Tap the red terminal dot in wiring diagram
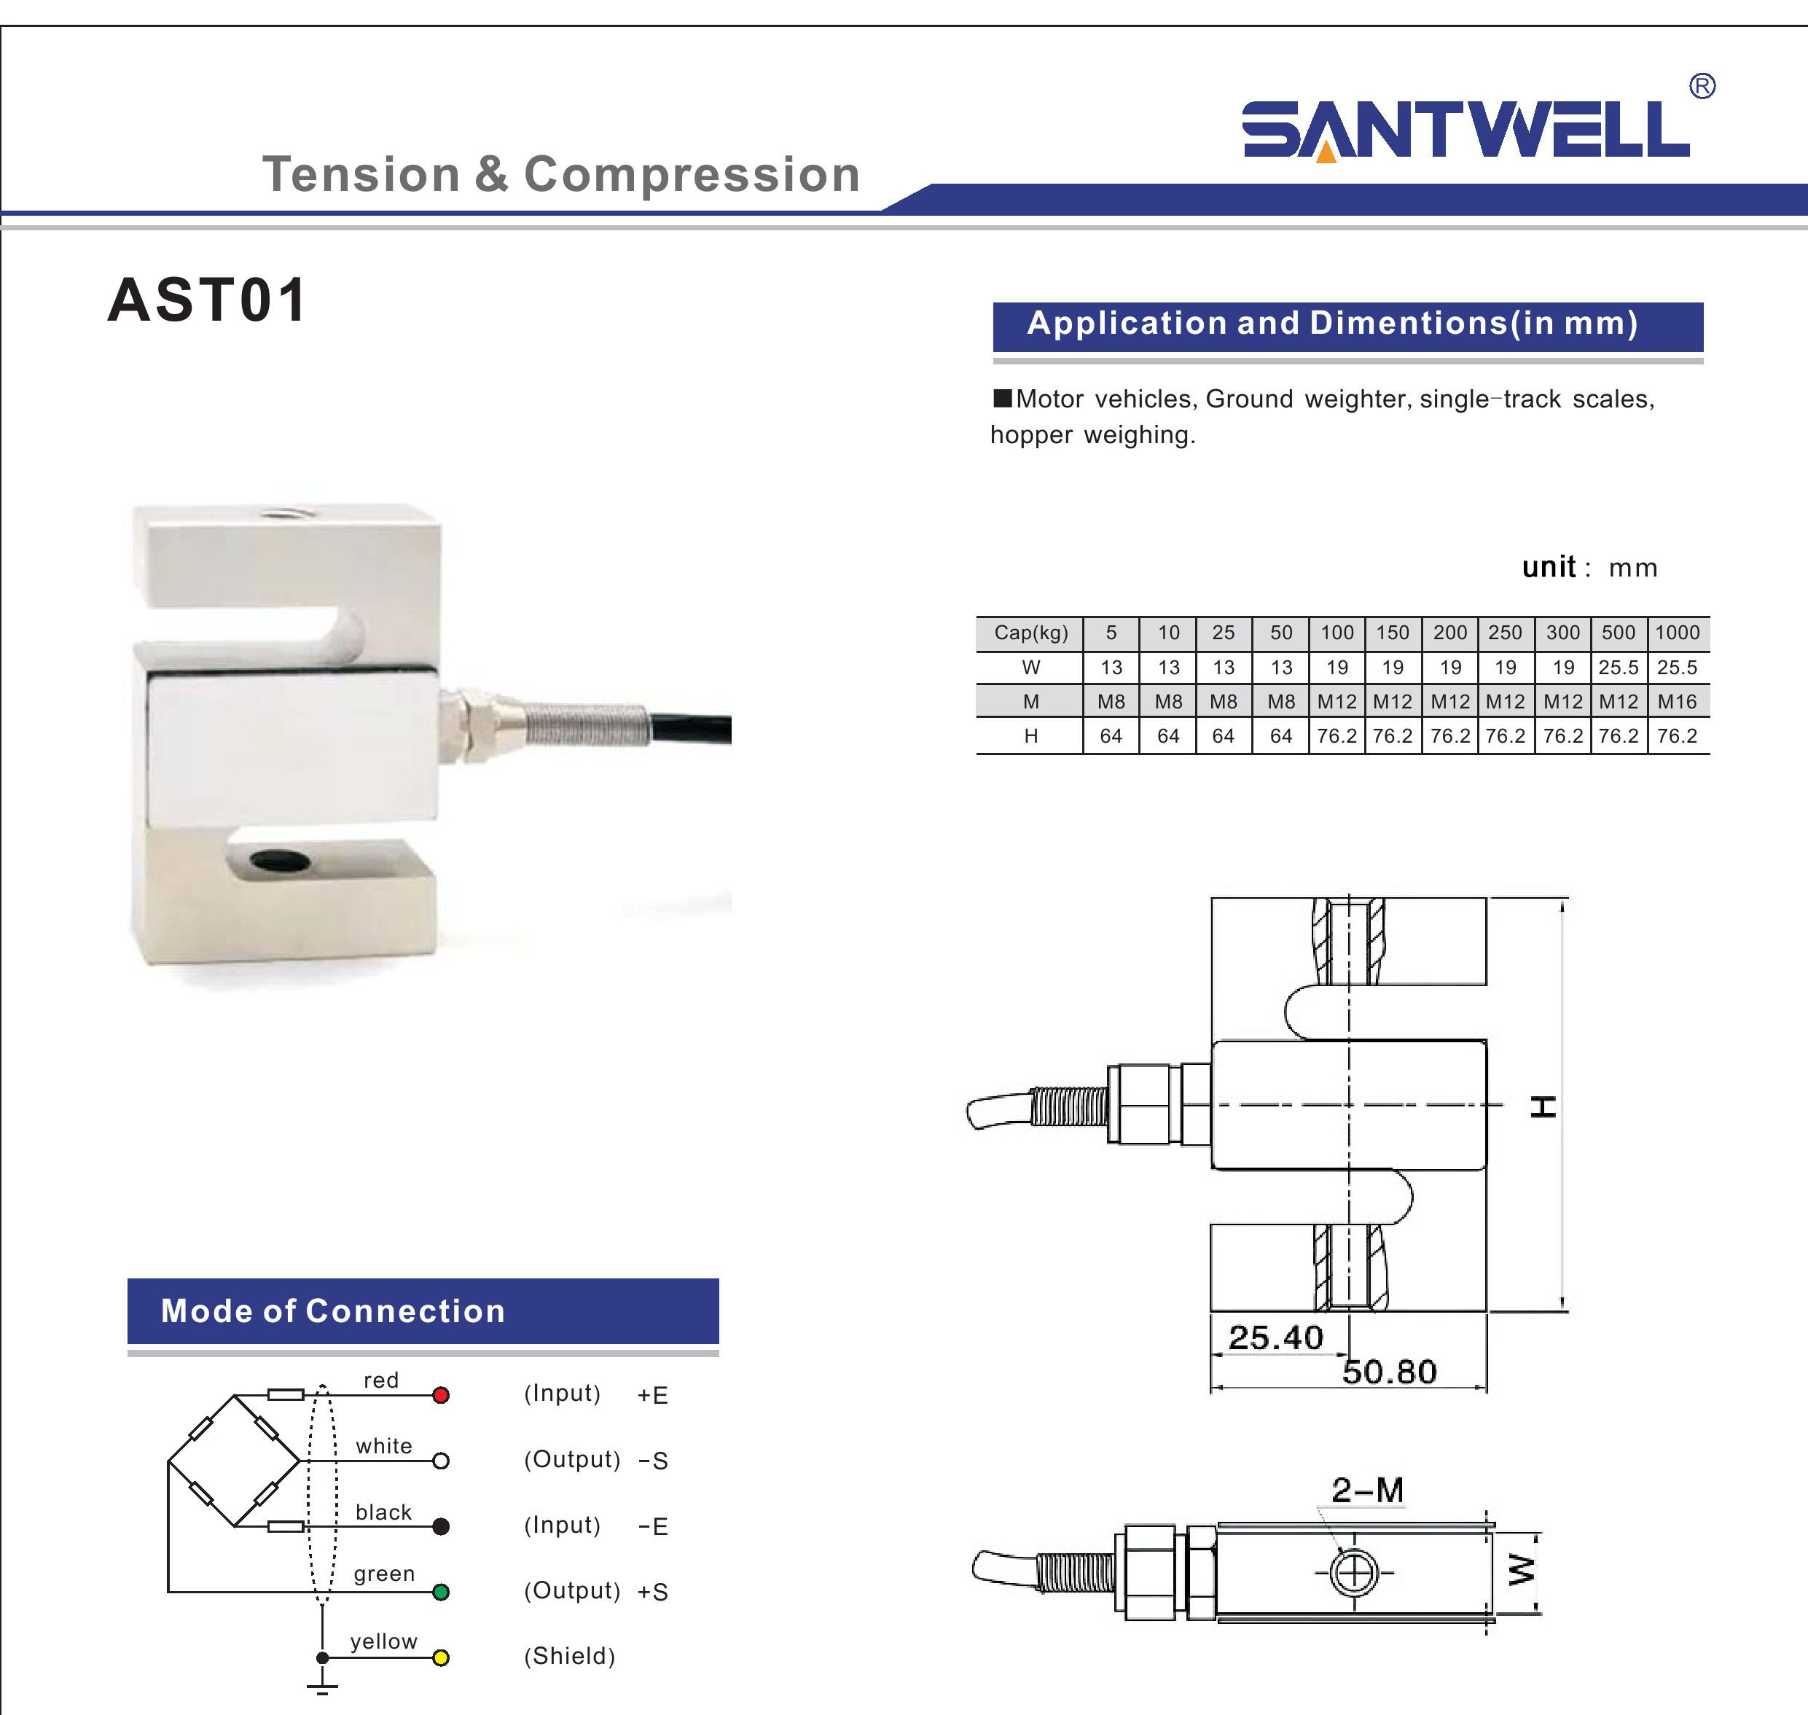click(441, 1395)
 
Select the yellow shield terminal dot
click(441, 1657)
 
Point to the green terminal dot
click(441, 1592)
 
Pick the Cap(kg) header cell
click(1030, 633)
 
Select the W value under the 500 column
click(1618, 668)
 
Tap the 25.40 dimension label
click(1275, 1338)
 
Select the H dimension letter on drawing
click(1544, 1106)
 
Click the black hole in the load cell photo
click(280, 860)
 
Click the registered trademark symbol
click(1702, 86)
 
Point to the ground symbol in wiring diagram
click(322, 1687)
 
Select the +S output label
click(653, 1593)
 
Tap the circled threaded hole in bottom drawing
click(1354, 1572)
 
